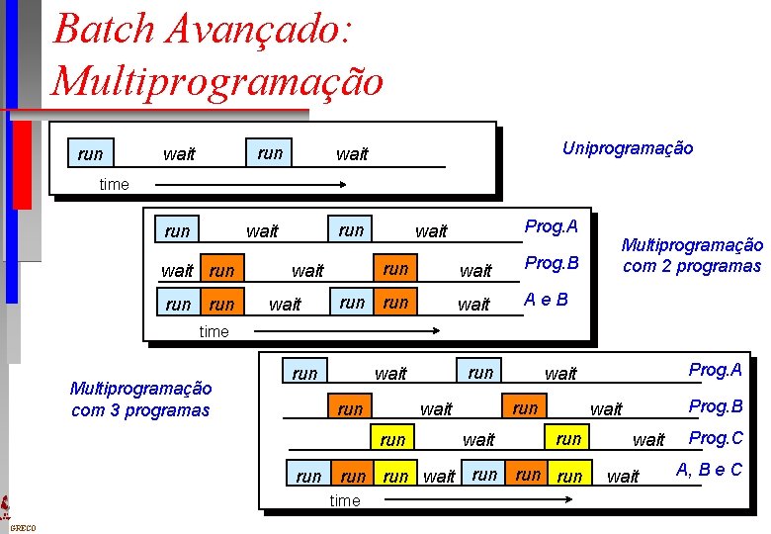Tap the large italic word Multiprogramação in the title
[216, 80]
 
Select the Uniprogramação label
[628, 148]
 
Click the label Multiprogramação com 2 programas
[692, 255]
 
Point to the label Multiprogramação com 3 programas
[140, 399]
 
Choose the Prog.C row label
[716, 438]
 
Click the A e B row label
[546, 300]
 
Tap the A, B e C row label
[708, 470]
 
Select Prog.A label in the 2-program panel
[552, 226]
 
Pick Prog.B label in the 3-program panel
[716, 406]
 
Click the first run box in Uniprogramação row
[90, 153]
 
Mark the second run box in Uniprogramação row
[270, 153]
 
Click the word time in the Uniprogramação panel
[115, 184]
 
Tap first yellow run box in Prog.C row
[392, 439]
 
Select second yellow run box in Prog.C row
[568, 438]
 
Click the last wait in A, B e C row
[623, 477]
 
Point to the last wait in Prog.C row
[648, 440]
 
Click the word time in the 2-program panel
[214, 331]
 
